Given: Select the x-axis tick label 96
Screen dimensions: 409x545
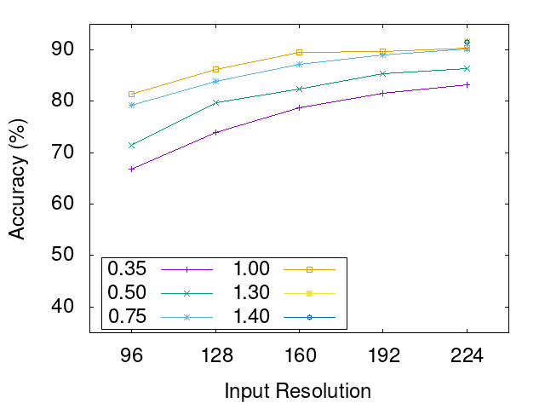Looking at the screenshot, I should (131, 355).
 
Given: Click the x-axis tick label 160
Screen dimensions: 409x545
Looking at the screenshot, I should (299, 355).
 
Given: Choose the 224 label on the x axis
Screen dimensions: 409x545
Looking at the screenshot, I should (467, 355).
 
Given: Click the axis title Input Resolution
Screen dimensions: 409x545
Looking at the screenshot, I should (298, 391).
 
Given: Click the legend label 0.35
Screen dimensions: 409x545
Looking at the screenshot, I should (127, 268).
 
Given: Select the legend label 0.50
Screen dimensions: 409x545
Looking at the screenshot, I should (127, 292).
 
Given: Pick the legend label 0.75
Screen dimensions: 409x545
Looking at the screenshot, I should (127, 316).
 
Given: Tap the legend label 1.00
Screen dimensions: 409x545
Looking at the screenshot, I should (251, 268).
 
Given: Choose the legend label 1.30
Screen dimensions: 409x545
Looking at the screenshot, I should (251, 292).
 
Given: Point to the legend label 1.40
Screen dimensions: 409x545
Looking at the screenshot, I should (251, 316).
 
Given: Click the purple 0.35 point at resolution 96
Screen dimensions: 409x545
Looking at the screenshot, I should (131, 169).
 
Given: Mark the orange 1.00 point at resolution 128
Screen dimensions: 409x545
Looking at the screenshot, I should (215, 69).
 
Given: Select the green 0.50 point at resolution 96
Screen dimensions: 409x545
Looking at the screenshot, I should (131, 145).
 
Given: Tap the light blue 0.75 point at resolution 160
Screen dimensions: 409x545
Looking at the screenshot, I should (299, 64).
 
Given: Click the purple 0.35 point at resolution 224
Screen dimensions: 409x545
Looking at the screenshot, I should (467, 84).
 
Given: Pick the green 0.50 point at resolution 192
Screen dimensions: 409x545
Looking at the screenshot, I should (383, 73).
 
